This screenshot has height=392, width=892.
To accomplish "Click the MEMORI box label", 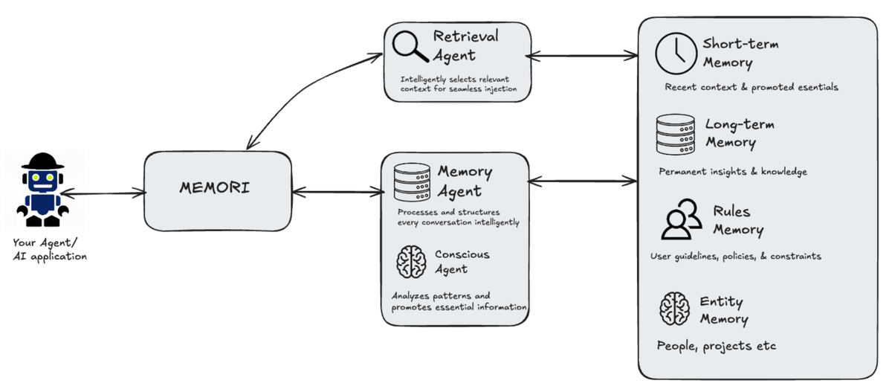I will pos(214,187).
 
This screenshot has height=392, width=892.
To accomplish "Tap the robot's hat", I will pos(42,161).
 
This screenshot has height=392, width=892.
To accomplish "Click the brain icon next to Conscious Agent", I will pos(410,262).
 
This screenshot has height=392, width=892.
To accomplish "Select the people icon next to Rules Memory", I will pos(682,219).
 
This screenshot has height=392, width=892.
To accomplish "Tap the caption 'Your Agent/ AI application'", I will pos(50,249).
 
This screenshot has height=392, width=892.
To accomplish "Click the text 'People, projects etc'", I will pos(717,347).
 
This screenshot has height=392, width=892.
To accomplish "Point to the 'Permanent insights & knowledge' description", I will pos(732,172).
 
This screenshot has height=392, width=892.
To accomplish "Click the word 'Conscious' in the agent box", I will pos(462,254).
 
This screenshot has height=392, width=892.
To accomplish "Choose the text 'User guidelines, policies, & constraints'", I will pos(735,257).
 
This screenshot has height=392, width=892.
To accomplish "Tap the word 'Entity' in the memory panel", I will pos(721,302).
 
